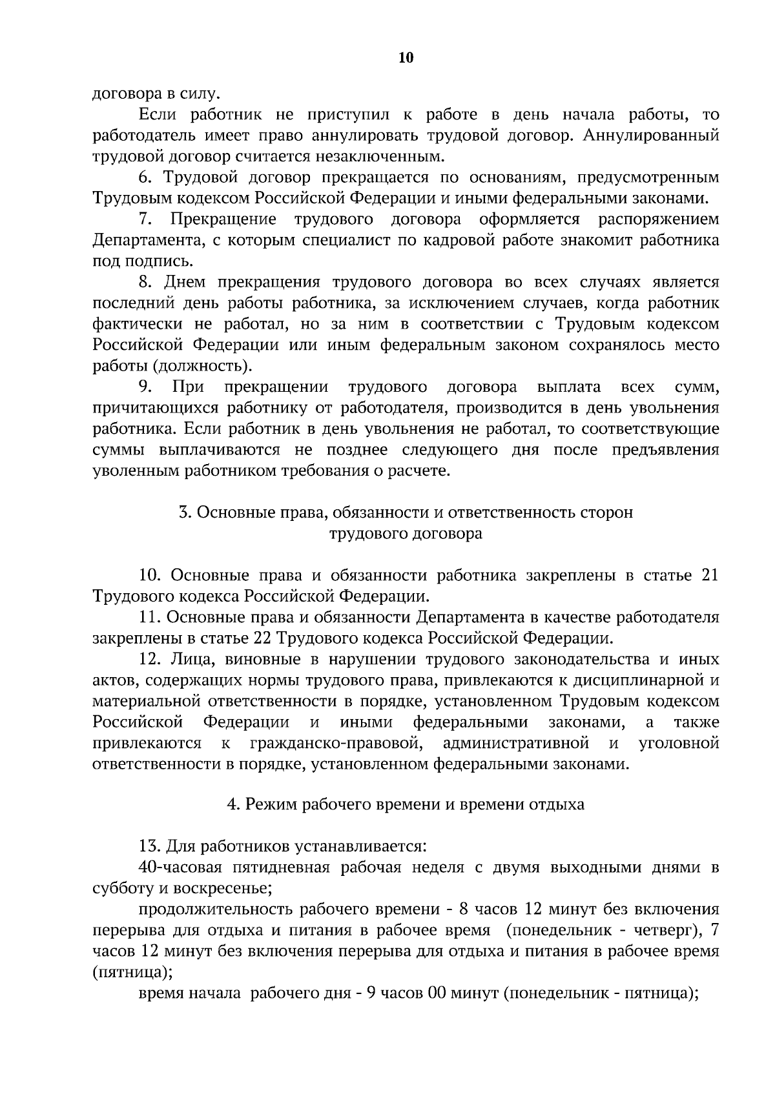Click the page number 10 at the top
[406, 58]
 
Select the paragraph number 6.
[145, 177]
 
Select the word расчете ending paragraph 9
[418, 471]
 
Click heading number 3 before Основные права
[183, 512]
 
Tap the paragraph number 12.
[149, 659]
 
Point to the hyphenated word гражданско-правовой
[336, 743]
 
